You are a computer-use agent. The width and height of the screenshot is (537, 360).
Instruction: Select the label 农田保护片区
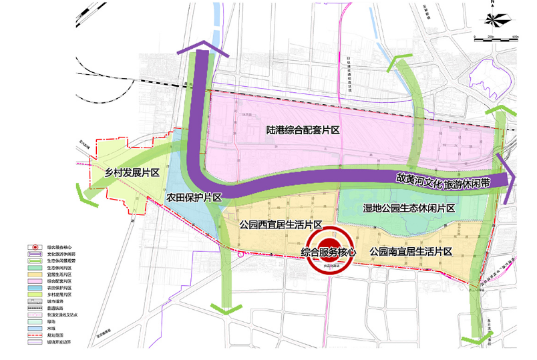click(194, 198)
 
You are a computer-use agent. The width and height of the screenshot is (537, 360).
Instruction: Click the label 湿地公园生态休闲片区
click(408, 208)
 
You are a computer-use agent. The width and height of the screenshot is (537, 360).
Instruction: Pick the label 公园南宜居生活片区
click(411, 252)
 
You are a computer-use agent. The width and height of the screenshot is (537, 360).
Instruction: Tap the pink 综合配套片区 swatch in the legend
click(35, 282)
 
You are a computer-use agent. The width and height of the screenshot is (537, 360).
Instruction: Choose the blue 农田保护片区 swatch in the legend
click(35, 288)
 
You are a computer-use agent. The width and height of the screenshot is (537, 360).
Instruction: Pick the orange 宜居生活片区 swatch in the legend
click(35, 275)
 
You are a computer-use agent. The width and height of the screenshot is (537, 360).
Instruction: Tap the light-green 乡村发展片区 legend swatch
click(35, 295)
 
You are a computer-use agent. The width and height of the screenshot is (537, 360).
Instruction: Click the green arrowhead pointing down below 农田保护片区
click(224, 308)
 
